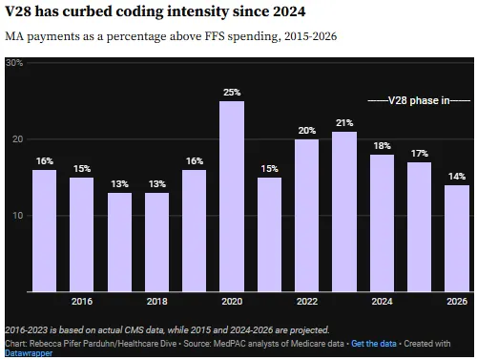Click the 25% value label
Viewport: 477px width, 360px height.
click(232, 93)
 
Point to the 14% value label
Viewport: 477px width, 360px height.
click(457, 177)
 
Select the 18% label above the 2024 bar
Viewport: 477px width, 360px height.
click(382, 146)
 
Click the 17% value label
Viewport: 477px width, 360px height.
click(419, 154)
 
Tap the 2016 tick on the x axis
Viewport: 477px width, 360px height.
click(82, 302)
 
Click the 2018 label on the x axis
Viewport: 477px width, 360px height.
click(156, 302)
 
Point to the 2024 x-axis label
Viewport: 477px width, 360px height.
click(382, 302)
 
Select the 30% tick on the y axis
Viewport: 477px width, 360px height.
click(14, 63)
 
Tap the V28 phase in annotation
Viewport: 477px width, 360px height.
click(419, 100)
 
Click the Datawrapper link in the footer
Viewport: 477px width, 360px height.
click(30, 352)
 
